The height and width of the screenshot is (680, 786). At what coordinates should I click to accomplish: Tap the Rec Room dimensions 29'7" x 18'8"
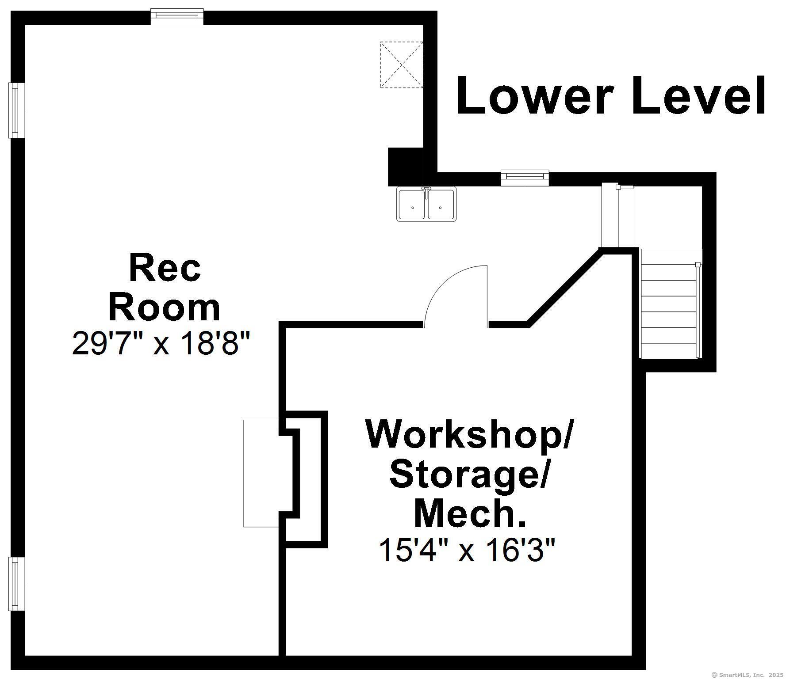[161, 343]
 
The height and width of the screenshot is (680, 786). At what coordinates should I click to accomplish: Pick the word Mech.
[470, 513]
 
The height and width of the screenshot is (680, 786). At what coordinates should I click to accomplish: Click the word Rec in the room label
[165, 268]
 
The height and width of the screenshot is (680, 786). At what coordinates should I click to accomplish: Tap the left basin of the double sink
[412, 205]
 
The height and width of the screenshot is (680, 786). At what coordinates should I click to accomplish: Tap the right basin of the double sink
[441, 205]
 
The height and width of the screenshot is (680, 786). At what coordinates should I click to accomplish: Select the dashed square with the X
[402, 65]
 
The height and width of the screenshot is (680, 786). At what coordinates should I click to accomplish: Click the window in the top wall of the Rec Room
[177, 16]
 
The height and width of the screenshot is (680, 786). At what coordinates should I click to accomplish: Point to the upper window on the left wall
[17, 110]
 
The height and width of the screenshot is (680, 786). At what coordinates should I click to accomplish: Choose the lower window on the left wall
[17, 584]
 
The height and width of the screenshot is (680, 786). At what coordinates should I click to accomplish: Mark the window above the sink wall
[525, 178]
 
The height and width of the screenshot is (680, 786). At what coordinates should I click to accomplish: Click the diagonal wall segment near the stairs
[564, 288]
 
